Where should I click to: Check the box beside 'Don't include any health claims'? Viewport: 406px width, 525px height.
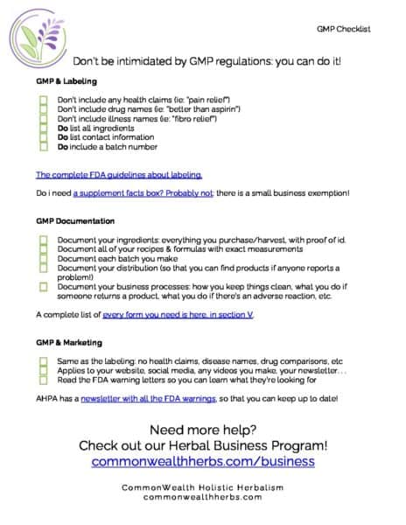(x=43, y=100)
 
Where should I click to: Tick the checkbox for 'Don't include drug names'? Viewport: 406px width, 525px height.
(x=43, y=109)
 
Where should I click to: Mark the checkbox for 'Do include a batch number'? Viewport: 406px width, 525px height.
(x=43, y=146)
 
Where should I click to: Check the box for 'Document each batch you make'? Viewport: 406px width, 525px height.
(x=43, y=258)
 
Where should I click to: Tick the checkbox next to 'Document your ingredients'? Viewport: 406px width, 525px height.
(x=43, y=240)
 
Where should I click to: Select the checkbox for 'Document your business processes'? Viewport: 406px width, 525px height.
(x=43, y=286)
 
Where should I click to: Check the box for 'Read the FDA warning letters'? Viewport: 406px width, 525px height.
(x=43, y=380)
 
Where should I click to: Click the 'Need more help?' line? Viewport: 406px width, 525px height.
(x=203, y=430)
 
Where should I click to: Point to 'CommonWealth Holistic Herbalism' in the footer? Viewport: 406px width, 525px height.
(x=203, y=486)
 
